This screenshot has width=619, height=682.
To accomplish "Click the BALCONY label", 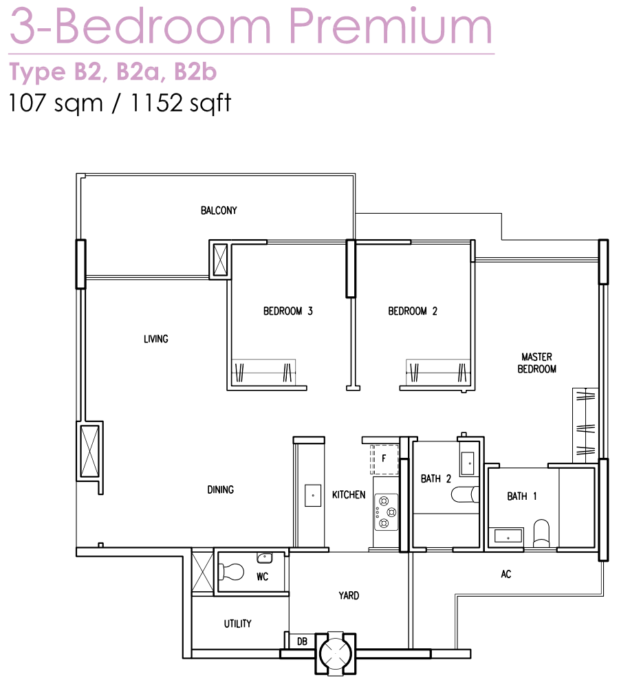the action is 219,210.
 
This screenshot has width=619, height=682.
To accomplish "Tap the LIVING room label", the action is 155,339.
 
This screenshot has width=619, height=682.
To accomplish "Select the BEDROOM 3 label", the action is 288,311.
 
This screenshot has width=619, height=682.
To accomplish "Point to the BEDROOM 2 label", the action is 413,311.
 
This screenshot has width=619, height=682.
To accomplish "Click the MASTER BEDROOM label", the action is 536,363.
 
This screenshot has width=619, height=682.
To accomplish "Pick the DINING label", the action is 221,489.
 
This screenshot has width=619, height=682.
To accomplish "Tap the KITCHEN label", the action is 349,494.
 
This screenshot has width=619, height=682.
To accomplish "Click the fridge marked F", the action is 384,459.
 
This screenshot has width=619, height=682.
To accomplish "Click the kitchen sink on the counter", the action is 313,496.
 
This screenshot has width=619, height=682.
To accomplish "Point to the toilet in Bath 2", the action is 465,494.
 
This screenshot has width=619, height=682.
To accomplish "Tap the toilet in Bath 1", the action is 541,533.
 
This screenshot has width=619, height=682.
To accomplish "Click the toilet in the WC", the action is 231,572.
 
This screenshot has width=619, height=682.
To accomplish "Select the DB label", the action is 302,641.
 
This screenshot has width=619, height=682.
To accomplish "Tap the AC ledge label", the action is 506,574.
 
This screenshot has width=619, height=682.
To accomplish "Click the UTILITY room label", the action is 237,624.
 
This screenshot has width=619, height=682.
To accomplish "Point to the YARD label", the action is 349,595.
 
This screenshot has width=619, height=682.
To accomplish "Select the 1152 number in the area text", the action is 156,103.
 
